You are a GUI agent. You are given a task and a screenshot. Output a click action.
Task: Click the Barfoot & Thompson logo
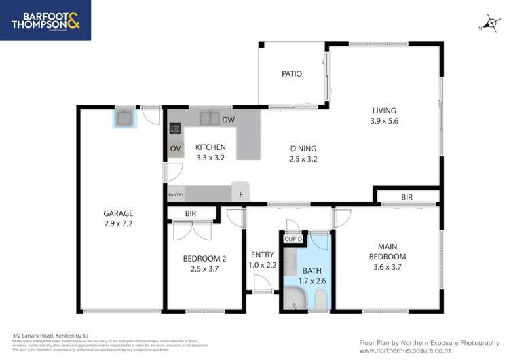click(45, 20)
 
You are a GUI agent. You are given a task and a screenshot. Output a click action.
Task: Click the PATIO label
click(292, 74)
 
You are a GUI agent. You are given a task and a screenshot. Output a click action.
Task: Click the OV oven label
click(175, 148)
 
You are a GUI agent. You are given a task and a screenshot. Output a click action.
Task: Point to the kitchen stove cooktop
click(174, 128)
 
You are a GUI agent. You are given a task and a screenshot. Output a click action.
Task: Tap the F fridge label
click(240, 194)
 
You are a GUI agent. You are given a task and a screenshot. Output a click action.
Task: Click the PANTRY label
click(176, 195)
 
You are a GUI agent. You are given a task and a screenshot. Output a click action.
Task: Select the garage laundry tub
click(125, 119)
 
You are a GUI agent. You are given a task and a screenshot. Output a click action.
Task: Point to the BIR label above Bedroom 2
click(191, 214)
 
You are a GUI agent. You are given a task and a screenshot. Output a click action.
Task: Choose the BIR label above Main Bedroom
click(407, 197)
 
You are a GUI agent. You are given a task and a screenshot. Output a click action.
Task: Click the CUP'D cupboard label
click(293, 239)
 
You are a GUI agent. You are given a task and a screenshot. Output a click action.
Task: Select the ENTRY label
click(262, 255)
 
